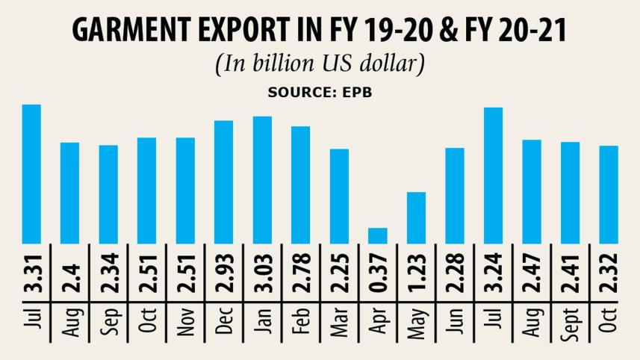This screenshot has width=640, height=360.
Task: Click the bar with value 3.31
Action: coord(31,173)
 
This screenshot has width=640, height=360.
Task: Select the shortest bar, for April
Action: coord(378,235)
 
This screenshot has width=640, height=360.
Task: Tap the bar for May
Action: coord(417,217)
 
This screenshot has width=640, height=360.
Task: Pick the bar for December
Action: coord(224,181)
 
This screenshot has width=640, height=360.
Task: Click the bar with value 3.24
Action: coord(494,176)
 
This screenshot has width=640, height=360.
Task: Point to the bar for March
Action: coord(340,196)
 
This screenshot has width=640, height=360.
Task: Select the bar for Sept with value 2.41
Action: coord(571,193)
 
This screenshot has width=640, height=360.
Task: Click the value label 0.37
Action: coord(379,274)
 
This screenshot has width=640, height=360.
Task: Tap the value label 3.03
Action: coord(263,274)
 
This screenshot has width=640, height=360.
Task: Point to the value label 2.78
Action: coord(301,274)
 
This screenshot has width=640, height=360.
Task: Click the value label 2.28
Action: coord(456,274)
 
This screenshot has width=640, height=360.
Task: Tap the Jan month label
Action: coord(263,322)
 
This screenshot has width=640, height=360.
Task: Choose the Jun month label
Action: coord(456,322)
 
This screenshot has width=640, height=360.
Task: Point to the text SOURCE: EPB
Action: coord(320,93)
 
